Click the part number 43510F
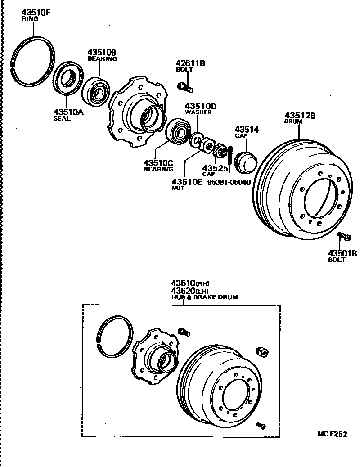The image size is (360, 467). pos(36,13)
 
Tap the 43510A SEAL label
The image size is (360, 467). pos(68,115)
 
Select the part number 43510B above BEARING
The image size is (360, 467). pos(102,53)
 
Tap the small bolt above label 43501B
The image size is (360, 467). pos(343,235)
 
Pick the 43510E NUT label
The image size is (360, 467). pos(187,184)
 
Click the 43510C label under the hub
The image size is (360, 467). pos(158,165)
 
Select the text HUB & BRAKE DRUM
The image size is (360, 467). pos(204,297)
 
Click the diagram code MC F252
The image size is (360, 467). pos(332,434)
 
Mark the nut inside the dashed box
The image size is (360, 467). pos(262,352)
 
